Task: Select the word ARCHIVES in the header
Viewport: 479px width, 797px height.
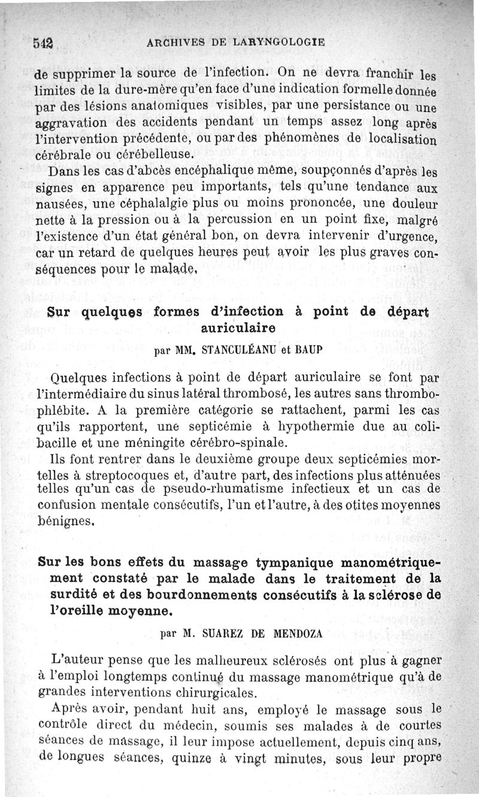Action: (x=176, y=43)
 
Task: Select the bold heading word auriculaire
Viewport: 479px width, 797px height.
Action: (x=238, y=328)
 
